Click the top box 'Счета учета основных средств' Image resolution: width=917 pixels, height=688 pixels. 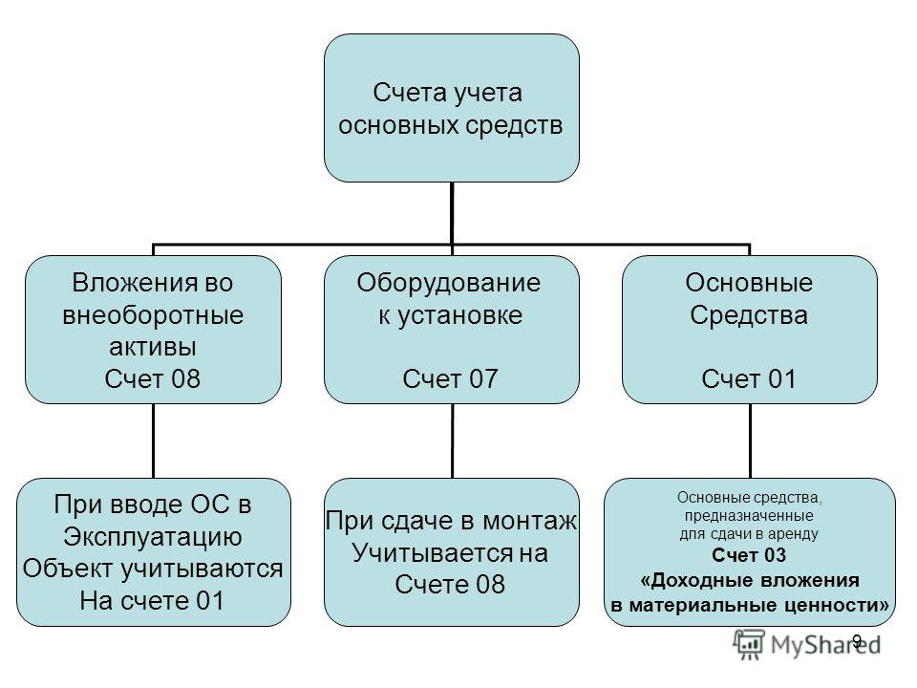pyautogui.click(x=452, y=108)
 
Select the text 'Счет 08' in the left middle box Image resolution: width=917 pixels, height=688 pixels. pyautogui.click(x=153, y=378)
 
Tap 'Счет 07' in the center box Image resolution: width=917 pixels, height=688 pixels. pyautogui.click(x=450, y=378)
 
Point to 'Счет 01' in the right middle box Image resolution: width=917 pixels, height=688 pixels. pyautogui.click(x=749, y=378)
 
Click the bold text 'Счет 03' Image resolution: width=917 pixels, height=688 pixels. pyautogui.click(x=749, y=554)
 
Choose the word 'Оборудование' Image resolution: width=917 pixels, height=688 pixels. pyautogui.click(x=449, y=283)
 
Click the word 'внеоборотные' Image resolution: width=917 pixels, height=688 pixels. pyautogui.click(x=153, y=315)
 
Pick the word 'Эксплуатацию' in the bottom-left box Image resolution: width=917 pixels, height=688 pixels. pyautogui.click(x=153, y=537)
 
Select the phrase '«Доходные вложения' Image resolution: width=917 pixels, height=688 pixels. pyautogui.click(x=750, y=580)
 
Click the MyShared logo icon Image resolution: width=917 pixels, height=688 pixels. pyautogui.click(x=749, y=644)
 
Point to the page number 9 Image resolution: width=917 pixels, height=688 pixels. pyautogui.click(x=857, y=640)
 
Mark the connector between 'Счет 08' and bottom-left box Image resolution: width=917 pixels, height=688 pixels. pyautogui.click(x=153, y=441)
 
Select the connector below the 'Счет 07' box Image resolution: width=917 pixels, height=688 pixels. pyautogui.click(x=452, y=441)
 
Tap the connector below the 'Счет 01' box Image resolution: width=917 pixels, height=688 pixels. pyautogui.click(x=751, y=441)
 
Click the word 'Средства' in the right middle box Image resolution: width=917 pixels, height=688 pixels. pyautogui.click(x=749, y=315)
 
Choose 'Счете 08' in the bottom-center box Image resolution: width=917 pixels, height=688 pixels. pyautogui.click(x=450, y=584)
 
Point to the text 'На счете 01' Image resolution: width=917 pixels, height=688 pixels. pyautogui.click(x=152, y=600)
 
